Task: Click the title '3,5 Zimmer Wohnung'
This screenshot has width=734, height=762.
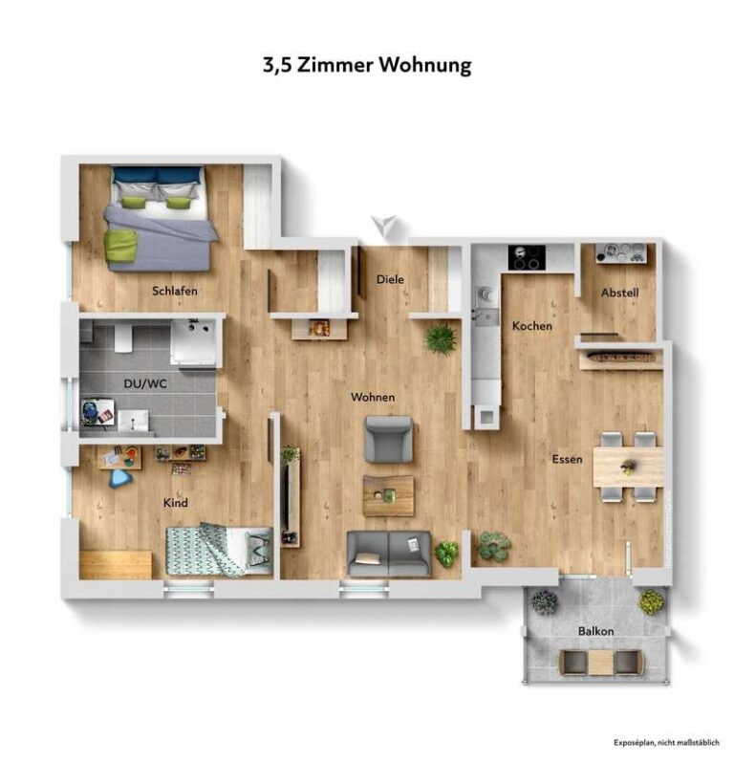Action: pyautogui.click(x=367, y=65)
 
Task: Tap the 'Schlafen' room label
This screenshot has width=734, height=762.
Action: pyautogui.click(x=174, y=291)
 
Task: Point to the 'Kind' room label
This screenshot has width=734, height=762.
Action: pyautogui.click(x=175, y=503)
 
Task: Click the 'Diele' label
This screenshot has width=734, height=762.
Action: pyautogui.click(x=390, y=279)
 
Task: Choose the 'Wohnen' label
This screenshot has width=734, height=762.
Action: pyautogui.click(x=373, y=397)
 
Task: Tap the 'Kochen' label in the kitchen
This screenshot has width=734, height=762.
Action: pyautogui.click(x=531, y=326)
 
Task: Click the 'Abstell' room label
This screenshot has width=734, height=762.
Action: pyautogui.click(x=619, y=293)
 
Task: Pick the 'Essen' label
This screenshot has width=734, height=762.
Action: pyautogui.click(x=567, y=459)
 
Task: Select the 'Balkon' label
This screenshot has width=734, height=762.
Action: pyautogui.click(x=595, y=632)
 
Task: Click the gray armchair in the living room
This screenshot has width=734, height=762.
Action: pyautogui.click(x=389, y=439)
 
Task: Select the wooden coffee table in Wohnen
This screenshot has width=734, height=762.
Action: pyautogui.click(x=388, y=495)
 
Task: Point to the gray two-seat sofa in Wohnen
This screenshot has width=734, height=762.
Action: pyautogui.click(x=389, y=554)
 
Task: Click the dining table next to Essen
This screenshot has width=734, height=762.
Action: pyautogui.click(x=627, y=468)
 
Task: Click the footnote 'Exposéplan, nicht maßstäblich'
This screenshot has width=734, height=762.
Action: pyautogui.click(x=665, y=742)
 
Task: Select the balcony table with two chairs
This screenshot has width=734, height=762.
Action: pyautogui.click(x=600, y=662)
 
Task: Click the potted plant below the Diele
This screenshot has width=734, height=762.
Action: pyautogui.click(x=441, y=338)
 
